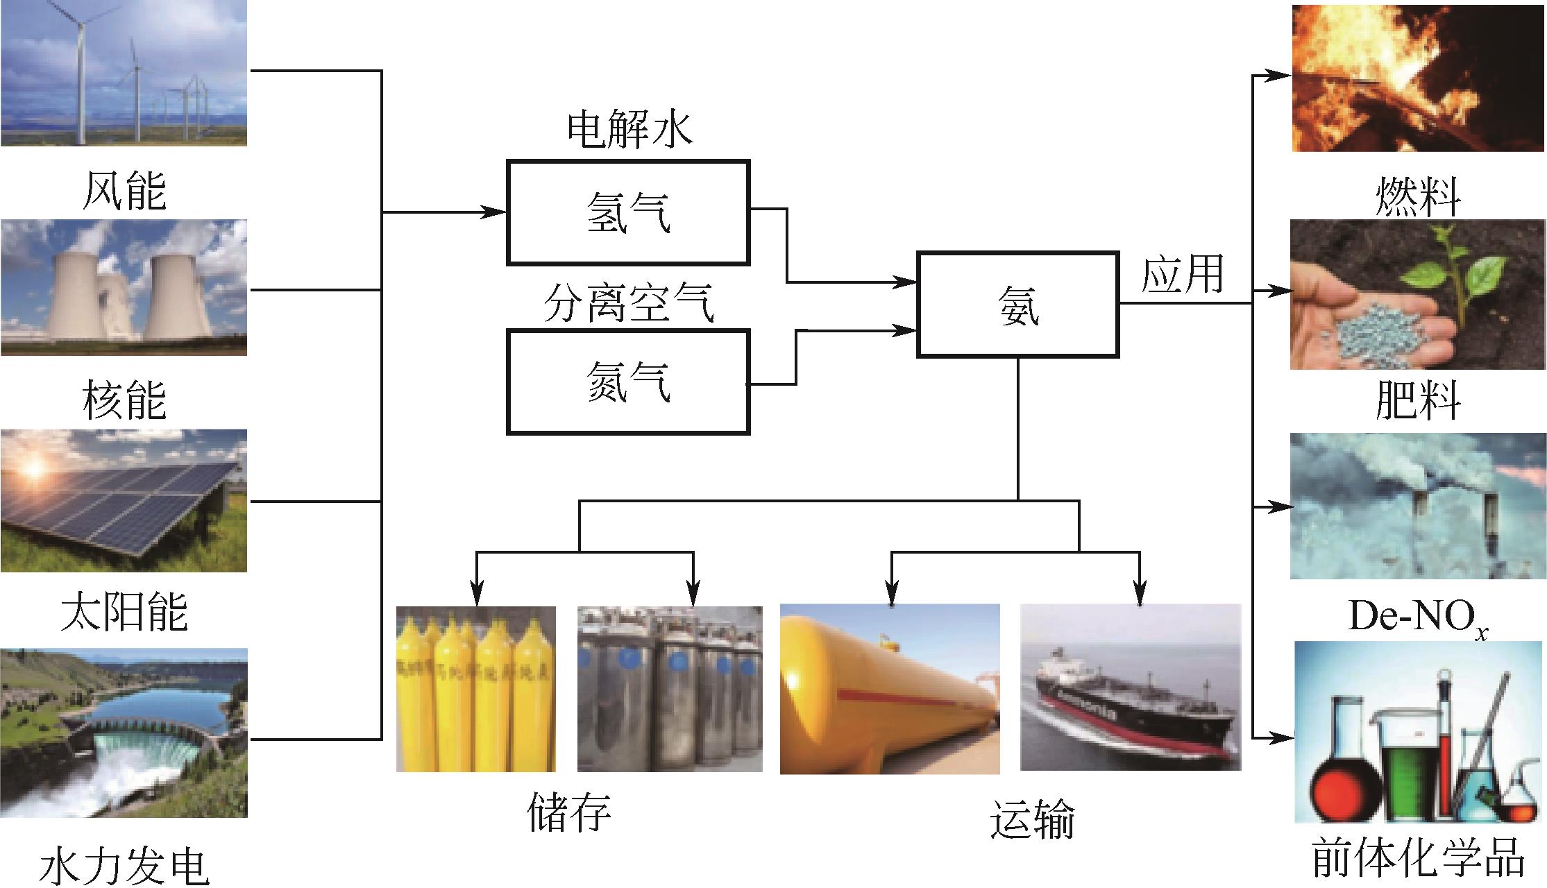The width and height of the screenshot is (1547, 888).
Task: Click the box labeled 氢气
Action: (628, 212)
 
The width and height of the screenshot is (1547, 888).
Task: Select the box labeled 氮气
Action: (628, 382)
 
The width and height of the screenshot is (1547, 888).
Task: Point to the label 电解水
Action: (630, 130)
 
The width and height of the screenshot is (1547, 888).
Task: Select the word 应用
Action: (1182, 274)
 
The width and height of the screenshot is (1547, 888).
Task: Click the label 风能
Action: (125, 191)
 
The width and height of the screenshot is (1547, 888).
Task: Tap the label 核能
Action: (125, 400)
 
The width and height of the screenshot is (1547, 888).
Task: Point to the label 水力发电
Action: (125, 866)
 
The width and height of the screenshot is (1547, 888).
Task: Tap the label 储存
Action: (569, 812)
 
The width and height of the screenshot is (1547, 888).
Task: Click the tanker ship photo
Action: (1130, 687)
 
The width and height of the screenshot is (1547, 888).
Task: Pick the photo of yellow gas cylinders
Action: (476, 688)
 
